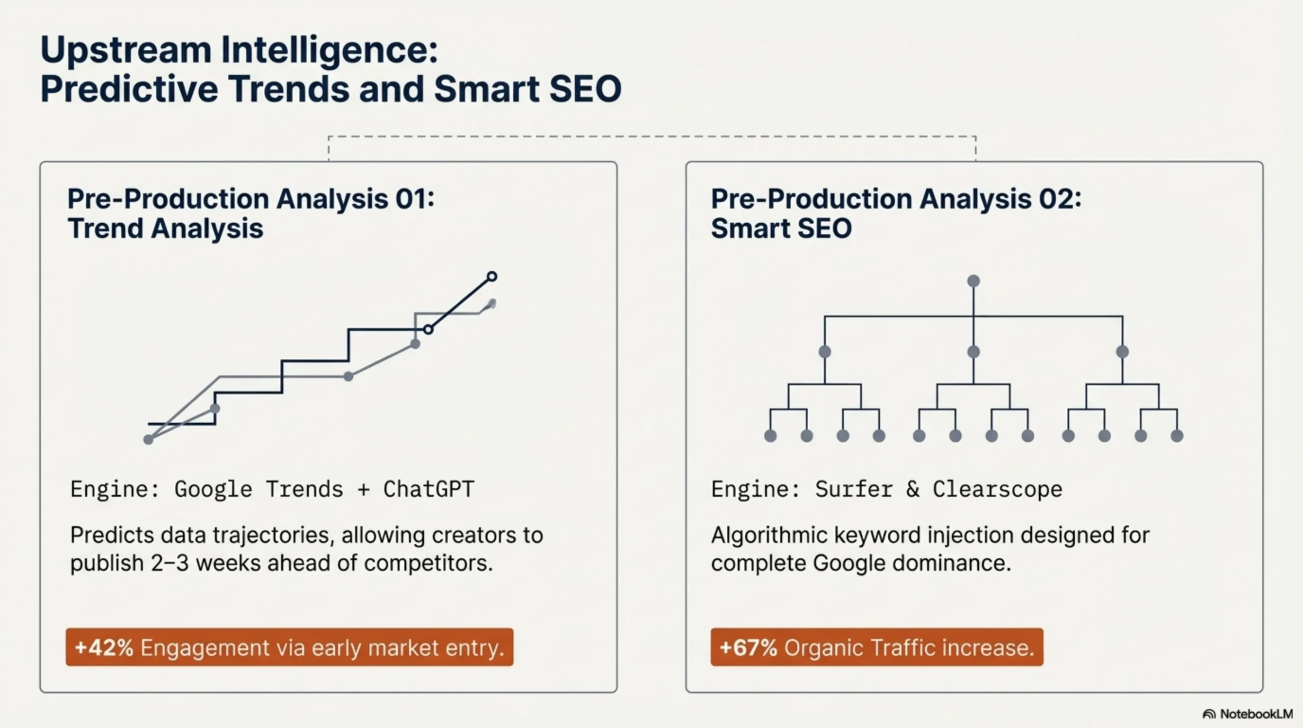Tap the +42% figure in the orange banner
pos(104,647)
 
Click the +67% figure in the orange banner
pos(748,647)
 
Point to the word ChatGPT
pos(428,489)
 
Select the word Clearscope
pos(997,489)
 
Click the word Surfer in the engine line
pos(854,489)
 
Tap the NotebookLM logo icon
pos(1209,714)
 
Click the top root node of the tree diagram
pos(973,281)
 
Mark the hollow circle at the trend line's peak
pos(491,276)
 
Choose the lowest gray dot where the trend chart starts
pos(148,439)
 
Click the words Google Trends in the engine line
pos(259,489)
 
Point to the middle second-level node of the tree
pos(973,351)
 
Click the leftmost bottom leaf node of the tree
pos(770,436)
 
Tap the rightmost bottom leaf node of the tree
pos(1177,436)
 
